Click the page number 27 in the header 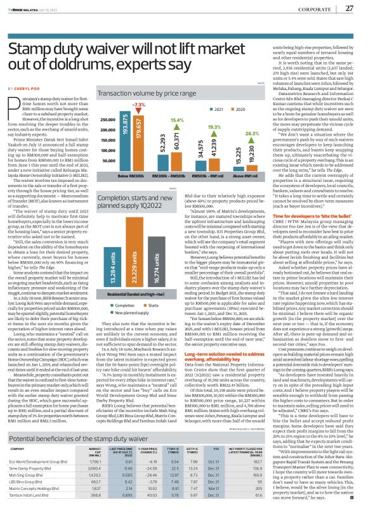[348, 8]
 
